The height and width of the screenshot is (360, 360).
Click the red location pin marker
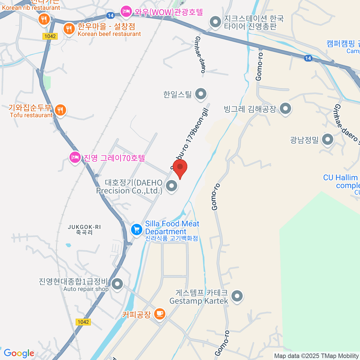(x=180, y=167)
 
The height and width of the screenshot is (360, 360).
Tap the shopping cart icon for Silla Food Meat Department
(x=137, y=230)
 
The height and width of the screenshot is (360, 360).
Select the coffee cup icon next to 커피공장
(x=160, y=314)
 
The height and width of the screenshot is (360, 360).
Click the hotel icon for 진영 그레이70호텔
(x=75, y=157)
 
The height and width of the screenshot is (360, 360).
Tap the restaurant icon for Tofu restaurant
(x=60, y=110)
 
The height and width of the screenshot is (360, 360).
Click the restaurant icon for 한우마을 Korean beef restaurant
(x=69, y=29)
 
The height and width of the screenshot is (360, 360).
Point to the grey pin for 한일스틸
(x=201, y=94)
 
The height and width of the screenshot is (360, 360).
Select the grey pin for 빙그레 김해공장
(x=285, y=109)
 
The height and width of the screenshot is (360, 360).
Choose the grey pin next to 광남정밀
(x=328, y=139)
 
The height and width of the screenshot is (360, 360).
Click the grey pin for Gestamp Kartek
(x=237, y=296)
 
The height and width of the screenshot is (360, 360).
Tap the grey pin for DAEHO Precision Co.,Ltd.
(x=172, y=186)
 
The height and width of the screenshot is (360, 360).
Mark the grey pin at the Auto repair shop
(x=117, y=283)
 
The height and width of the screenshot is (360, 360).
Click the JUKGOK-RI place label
(x=84, y=229)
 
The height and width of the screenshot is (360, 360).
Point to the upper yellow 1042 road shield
(x=50, y=36)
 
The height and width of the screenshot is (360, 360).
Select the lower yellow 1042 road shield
(x=83, y=322)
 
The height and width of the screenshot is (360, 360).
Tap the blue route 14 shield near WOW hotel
(x=111, y=15)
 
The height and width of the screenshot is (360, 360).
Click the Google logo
(x=19, y=353)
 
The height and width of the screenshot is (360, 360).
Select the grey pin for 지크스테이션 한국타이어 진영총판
(x=215, y=22)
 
